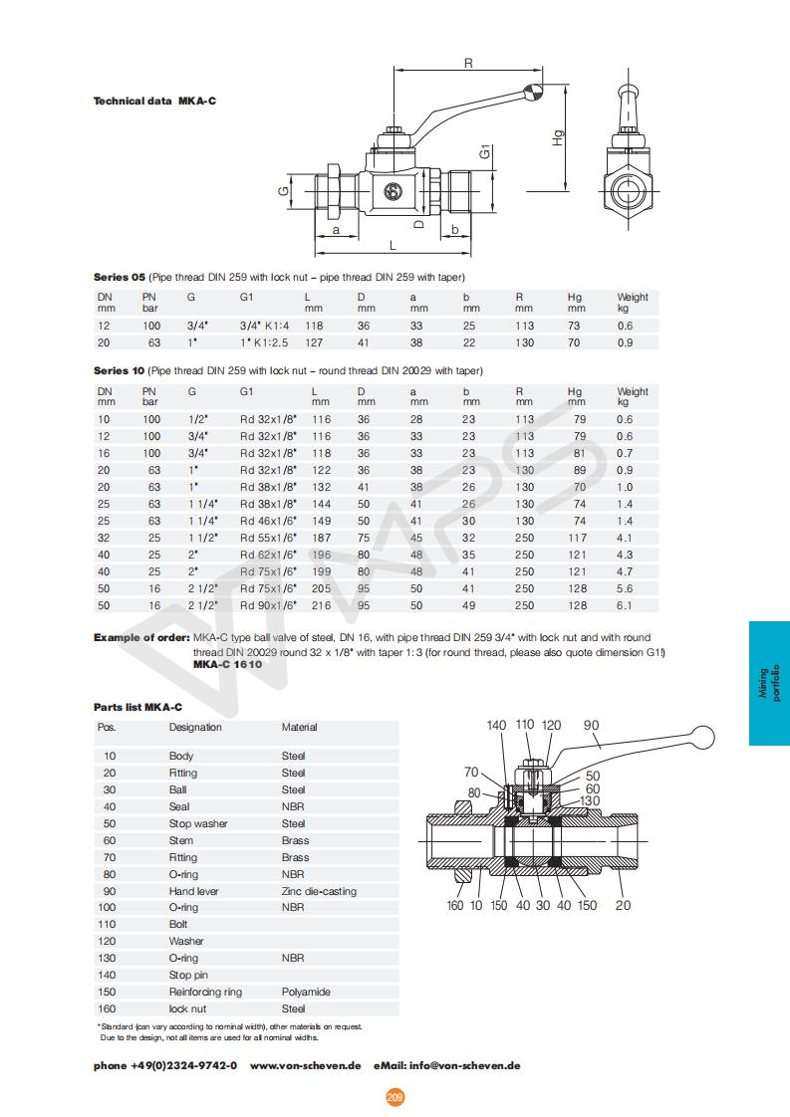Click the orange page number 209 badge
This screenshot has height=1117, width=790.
tap(395, 1097)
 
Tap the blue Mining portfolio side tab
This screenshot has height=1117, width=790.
tap(769, 683)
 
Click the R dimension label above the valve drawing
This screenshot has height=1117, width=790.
tap(468, 64)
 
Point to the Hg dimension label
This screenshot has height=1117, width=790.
tap(559, 138)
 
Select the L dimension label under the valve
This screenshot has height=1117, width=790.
tap(393, 244)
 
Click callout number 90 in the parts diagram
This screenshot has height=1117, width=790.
tap(592, 726)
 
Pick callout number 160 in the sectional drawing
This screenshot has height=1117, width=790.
tap(455, 905)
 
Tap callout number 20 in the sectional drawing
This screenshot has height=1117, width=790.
tap(623, 905)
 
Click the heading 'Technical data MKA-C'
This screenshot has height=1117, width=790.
tap(154, 101)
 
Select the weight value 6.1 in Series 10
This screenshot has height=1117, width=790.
tap(625, 605)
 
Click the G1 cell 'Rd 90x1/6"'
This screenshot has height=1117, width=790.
tap(268, 605)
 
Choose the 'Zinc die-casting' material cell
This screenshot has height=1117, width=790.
tap(319, 891)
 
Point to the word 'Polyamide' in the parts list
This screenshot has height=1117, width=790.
tap(306, 992)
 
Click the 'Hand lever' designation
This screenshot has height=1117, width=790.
tap(193, 891)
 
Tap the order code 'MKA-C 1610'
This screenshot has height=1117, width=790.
tap(227, 664)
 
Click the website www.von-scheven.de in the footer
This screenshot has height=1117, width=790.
tap(305, 1065)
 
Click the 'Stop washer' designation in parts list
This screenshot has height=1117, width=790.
tap(198, 823)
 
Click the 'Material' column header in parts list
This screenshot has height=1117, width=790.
tap(300, 727)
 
